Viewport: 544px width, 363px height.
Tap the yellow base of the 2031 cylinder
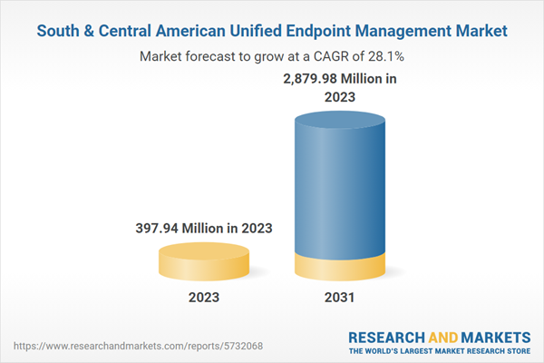click(341, 270)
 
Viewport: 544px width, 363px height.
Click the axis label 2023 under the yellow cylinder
click(203, 297)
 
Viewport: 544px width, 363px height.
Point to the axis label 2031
click(341, 297)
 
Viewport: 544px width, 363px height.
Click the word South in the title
click(62, 31)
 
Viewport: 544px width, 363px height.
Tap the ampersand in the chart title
click(93, 31)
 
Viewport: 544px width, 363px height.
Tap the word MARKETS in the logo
click(497, 335)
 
